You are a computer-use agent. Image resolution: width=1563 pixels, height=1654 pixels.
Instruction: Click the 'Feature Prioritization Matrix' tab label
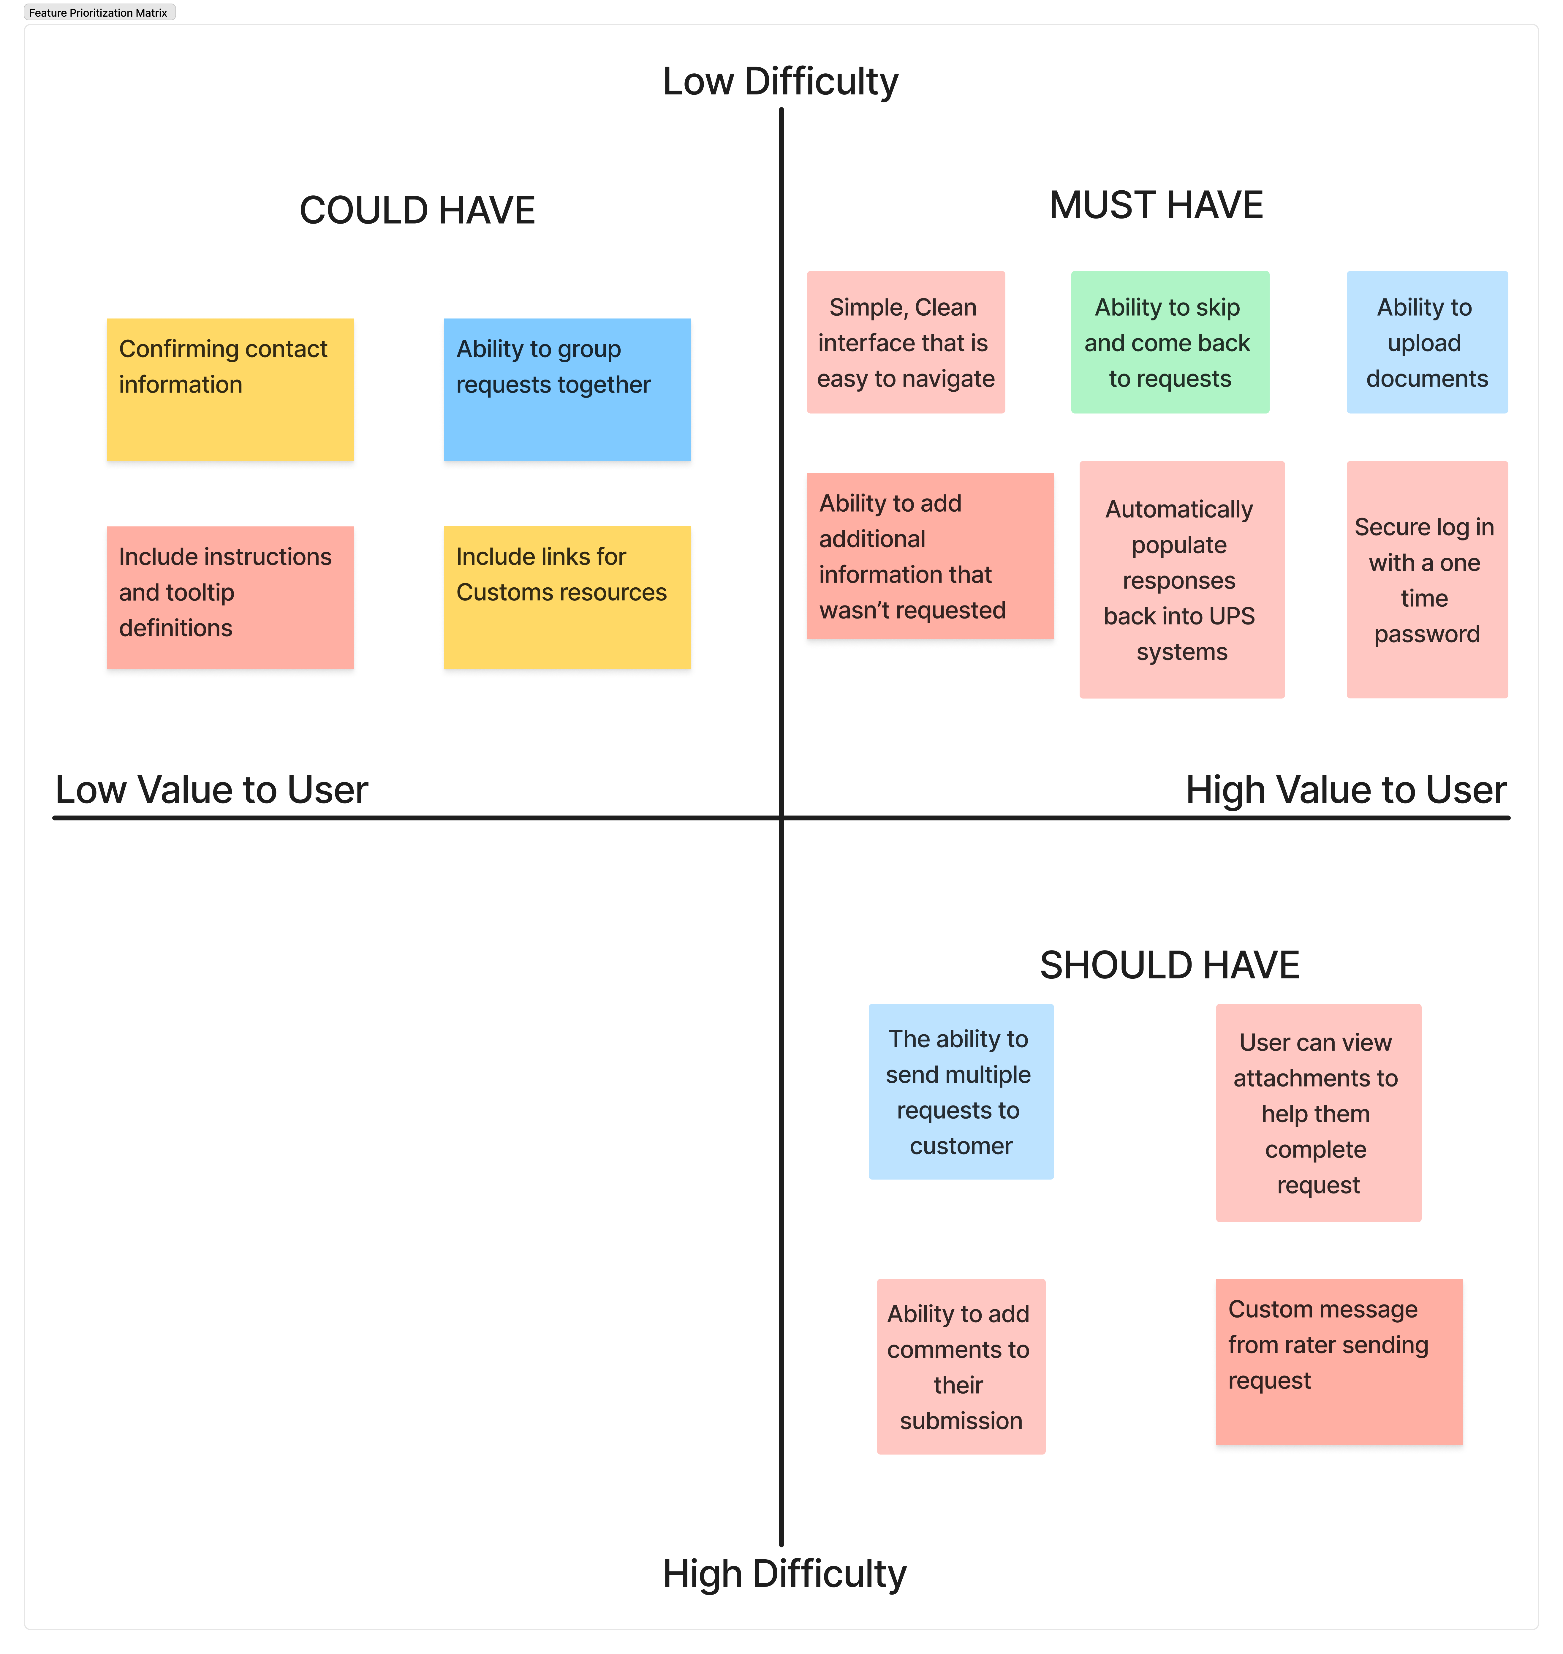click(x=98, y=12)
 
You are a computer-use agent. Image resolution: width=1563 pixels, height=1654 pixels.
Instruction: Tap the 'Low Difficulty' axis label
click(x=781, y=82)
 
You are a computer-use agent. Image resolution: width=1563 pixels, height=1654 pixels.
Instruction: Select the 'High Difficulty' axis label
click(x=784, y=1574)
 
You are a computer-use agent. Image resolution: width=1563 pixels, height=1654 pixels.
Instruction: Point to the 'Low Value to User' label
click(x=212, y=790)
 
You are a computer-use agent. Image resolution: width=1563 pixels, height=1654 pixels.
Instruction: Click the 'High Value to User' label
click(x=1346, y=790)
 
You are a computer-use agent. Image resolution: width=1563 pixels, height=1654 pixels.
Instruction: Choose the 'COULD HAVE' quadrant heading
click(x=417, y=210)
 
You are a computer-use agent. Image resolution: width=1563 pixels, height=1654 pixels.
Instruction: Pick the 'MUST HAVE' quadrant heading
click(x=1157, y=205)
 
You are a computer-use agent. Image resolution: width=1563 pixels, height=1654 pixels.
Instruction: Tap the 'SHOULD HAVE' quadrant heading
click(x=1170, y=965)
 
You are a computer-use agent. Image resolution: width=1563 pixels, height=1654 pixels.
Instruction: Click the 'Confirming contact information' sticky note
click(x=230, y=389)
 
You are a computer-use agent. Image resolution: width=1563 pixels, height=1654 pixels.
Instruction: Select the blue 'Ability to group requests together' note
click(x=567, y=389)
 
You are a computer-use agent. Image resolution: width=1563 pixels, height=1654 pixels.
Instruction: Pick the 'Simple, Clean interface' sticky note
click(x=906, y=341)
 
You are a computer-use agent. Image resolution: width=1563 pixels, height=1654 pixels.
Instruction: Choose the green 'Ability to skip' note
click(x=1170, y=341)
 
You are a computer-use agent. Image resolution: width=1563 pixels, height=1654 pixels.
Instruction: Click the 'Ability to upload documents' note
click(x=1427, y=341)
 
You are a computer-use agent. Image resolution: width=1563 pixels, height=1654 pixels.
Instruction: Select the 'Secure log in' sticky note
click(x=1427, y=579)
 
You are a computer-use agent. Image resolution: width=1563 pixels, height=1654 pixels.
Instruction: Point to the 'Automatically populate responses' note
click(x=1181, y=579)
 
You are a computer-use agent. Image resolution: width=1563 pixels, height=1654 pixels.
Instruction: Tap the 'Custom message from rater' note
click(x=1339, y=1362)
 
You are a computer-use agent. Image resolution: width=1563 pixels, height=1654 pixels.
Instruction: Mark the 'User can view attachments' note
click(x=1318, y=1112)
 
